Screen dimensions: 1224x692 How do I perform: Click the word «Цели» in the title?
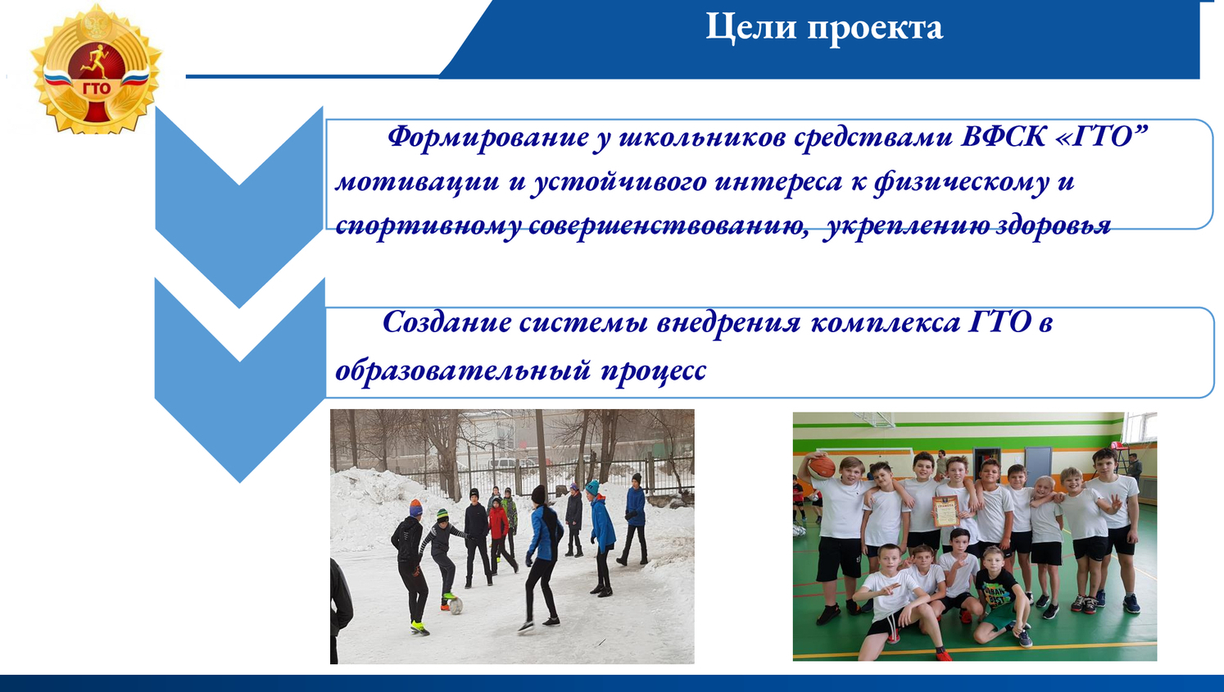coord(750,27)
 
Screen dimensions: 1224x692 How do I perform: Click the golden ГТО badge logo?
coord(96,69)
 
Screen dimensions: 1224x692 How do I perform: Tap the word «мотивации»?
coord(417,182)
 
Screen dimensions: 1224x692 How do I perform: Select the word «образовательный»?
coord(463,371)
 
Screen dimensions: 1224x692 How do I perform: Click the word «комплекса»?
coord(885,323)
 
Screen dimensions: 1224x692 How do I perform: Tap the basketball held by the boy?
coord(821,467)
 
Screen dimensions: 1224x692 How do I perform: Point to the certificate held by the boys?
coord(946,510)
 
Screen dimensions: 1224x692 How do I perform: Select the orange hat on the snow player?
coord(416,508)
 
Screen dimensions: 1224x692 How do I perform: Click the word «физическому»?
coord(961,183)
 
